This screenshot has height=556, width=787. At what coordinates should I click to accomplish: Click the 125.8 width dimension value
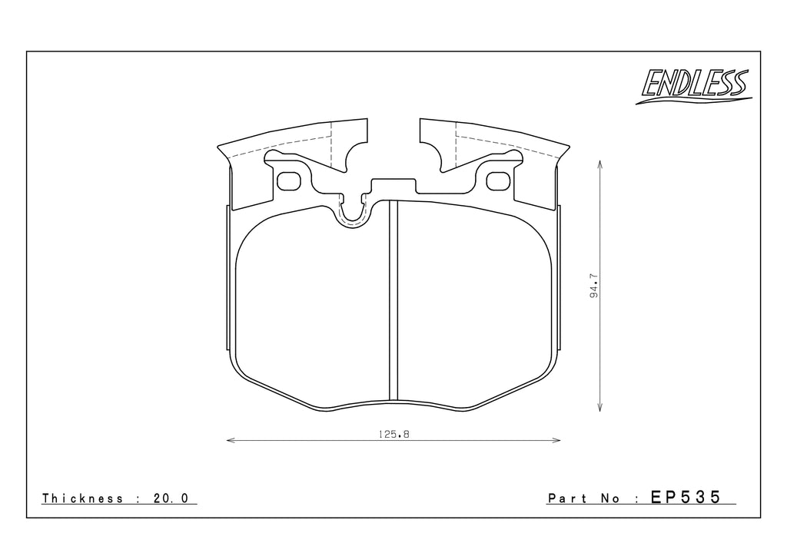pyautogui.click(x=394, y=434)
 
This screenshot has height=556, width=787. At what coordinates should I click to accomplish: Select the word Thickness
pyautogui.click(x=83, y=498)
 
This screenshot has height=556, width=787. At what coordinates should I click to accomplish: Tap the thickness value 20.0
pyautogui.click(x=171, y=498)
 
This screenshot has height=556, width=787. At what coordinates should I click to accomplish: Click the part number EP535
pyautogui.click(x=686, y=498)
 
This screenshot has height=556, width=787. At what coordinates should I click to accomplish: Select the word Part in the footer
pyautogui.click(x=566, y=498)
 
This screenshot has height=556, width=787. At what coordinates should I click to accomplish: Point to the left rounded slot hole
pyautogui.click(x=289, y=180)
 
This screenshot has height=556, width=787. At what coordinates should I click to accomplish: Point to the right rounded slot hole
pyautogui.click(x=500, y=180)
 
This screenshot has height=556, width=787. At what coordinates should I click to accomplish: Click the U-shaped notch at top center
pyautogui.click(x=352, y=213)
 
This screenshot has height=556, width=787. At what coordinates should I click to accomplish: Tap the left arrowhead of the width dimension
pyautogui.click(x=230, y=441)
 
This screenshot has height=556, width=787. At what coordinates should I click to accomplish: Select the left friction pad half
pyautogui.click(x=311, y=307)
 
